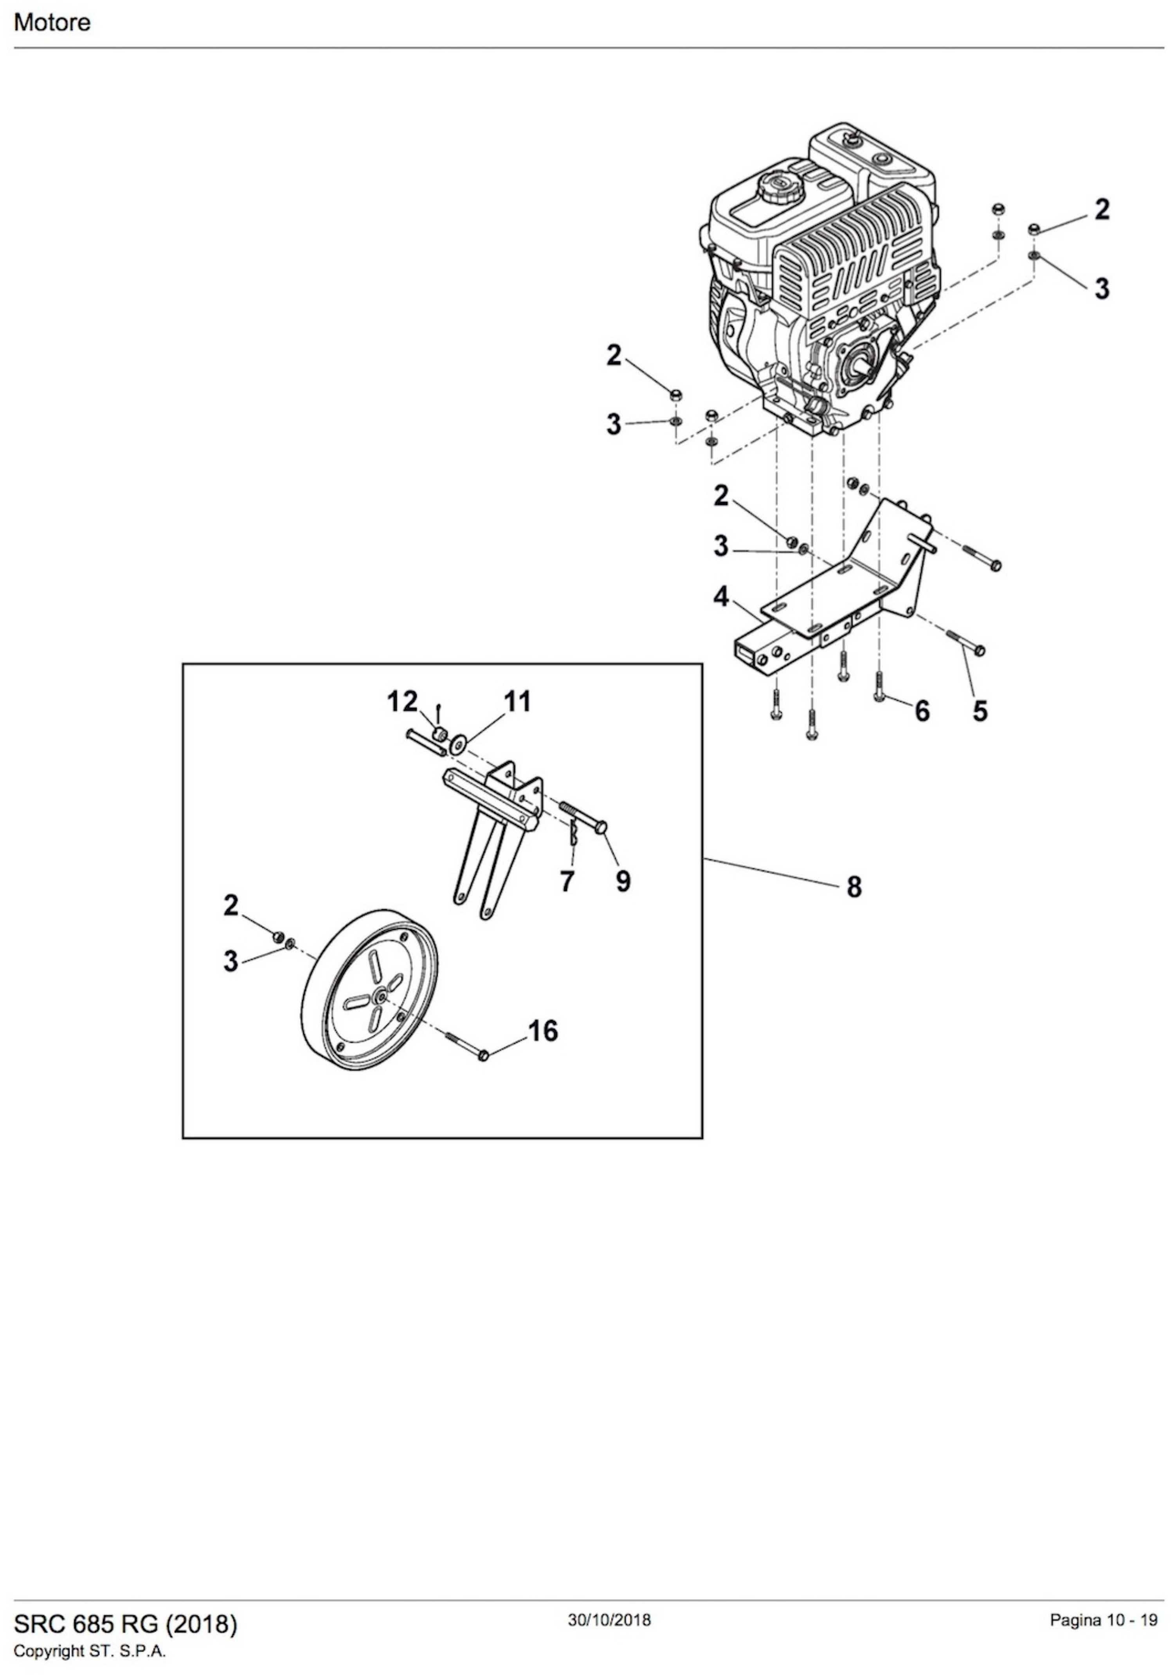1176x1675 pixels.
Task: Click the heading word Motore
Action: click(x=52, y=23)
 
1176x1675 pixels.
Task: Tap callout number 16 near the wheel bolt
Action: click(x=542, y=1031)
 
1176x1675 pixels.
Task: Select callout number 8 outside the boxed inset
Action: click(x=854, y=887)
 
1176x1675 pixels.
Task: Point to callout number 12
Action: click(x=402, y=702)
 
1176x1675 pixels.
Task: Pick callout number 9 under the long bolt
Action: click(x=623, y=881)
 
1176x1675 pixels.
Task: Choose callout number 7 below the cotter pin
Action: click(x=567, y=881)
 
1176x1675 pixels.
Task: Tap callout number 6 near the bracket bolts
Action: click(x=922, y=710)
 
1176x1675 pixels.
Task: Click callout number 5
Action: click(x=981, y=710)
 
